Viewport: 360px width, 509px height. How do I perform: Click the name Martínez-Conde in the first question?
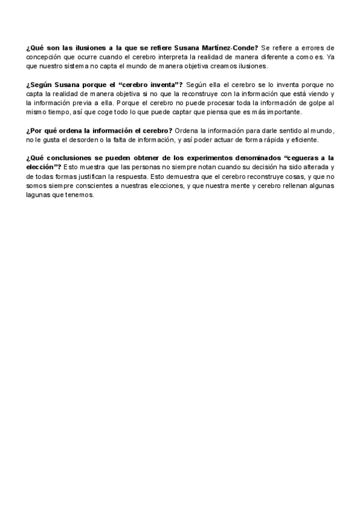tap(232, 47)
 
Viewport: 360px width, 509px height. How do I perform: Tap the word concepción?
tap(45, 56)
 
